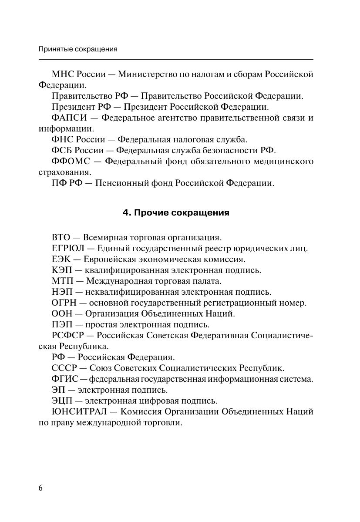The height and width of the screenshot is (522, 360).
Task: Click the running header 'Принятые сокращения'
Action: pyautogui.click(x=78, y=49)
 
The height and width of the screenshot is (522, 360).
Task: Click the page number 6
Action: pyautogui.click(x=41, y=488)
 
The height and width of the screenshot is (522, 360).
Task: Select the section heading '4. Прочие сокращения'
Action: pyautogui.click(x=176, y=213)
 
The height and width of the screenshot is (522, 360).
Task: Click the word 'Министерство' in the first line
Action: pyautogui.click(x=145, y=74)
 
